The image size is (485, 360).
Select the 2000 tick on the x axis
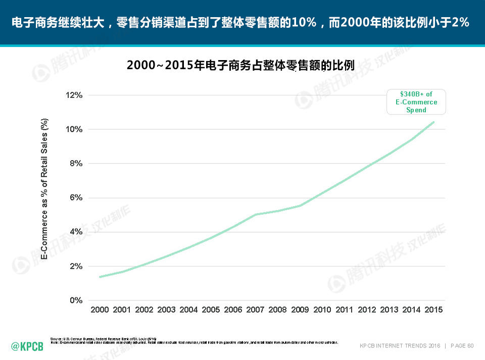[100, 310]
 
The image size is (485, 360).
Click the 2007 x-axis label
[255, 310]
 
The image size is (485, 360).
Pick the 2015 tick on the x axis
[433, 310]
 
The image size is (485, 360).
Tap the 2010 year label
[322, 310]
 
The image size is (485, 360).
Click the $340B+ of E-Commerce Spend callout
[416, 101]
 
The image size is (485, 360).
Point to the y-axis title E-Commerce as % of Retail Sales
[44, 189]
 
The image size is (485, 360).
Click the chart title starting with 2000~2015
[240, 66]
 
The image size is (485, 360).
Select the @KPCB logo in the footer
[27, 346]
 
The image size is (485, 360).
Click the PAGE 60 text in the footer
[462, 346]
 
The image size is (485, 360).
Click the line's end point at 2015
[433, 122]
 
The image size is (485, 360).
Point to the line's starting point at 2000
[100, 277]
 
